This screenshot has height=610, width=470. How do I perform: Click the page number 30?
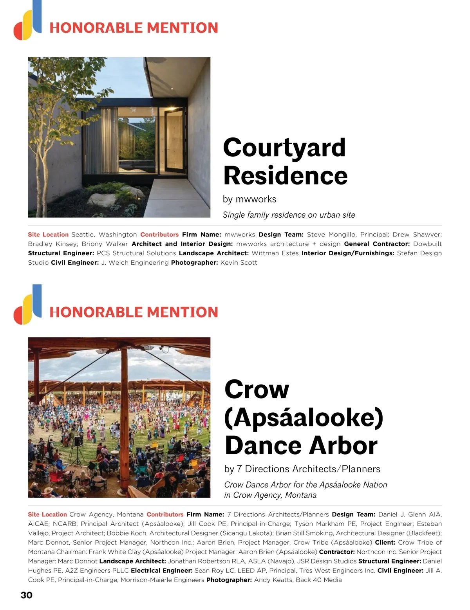27,595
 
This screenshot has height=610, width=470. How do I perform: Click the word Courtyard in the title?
284,148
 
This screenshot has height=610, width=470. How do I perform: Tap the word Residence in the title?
286,176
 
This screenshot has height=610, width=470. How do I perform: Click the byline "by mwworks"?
249,199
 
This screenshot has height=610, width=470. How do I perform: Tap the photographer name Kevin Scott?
239,263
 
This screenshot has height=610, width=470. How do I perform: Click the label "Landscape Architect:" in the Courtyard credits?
213,253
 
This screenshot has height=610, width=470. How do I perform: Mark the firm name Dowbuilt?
427,244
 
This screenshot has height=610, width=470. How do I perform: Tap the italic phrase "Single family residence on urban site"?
289,215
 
